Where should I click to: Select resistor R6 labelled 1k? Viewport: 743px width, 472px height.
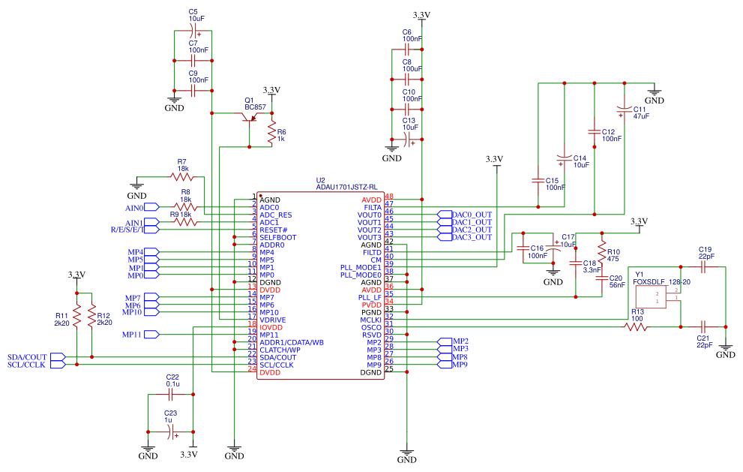pos(271,134)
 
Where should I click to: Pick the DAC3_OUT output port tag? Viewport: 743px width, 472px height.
pos(469,237)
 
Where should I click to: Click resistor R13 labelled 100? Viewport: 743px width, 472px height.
pos(637,326)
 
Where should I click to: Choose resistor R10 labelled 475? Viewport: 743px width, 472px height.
pos(601,248)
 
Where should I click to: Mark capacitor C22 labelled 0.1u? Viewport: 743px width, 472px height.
pos(172,392)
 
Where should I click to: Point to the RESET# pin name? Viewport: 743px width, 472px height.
pos(274,230)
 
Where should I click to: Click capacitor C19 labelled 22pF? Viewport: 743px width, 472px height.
pos(704,265)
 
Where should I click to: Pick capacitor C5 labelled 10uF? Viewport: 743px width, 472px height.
pos(193,30)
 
